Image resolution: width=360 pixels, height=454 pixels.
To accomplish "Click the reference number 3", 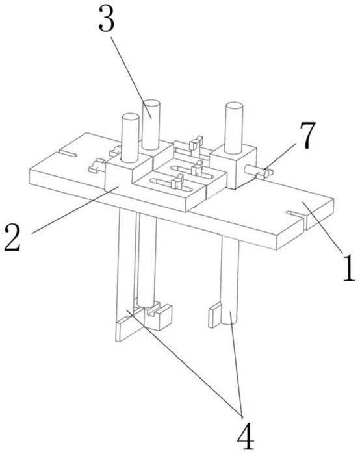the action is [107, 18].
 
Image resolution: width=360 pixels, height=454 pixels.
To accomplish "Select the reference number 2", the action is [12, 238].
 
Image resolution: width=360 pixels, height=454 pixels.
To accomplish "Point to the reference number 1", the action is [349, 267].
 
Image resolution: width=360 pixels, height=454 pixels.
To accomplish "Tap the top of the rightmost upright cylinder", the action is [234, 107].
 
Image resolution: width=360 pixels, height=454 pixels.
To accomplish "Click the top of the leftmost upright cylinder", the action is [131, 118].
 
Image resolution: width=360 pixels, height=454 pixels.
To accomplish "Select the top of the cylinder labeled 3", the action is [151, 104].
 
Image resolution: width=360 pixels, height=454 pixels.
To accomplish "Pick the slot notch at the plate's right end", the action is [295, 214].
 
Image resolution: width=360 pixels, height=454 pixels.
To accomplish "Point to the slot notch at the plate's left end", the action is [68, 153].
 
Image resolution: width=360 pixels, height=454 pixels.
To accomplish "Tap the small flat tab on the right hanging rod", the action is [215, 314].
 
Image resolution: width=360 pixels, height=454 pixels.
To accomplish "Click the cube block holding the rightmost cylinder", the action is [233, 166].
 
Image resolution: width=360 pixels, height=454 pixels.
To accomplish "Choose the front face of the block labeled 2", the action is [119, 177].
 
